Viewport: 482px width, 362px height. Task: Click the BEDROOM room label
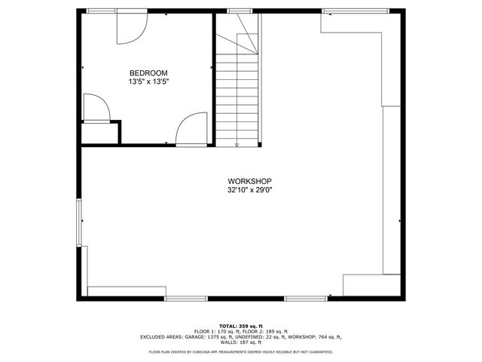[x=143, y=72]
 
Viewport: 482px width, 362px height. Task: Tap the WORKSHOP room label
[x=249, y=182]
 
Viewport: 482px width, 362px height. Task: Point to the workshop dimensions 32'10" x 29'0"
[x=249, y=191]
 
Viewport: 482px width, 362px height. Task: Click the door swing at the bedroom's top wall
[x=128, y=28]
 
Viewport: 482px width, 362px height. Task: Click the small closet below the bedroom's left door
[x=100, y=133]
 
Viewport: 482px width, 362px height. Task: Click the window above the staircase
[x=239, y=11]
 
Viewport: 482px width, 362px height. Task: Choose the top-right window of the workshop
[x=355, y=11]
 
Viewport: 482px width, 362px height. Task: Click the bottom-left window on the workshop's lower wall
[x=186, y=299]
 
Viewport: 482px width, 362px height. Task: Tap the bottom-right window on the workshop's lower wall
[x=305, y=299]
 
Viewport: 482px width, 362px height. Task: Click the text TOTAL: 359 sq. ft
[x=240, y=326]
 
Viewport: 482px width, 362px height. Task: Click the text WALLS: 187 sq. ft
[x=240, y=342]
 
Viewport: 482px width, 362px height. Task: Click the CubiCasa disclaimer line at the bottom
[x=240, y=351]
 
